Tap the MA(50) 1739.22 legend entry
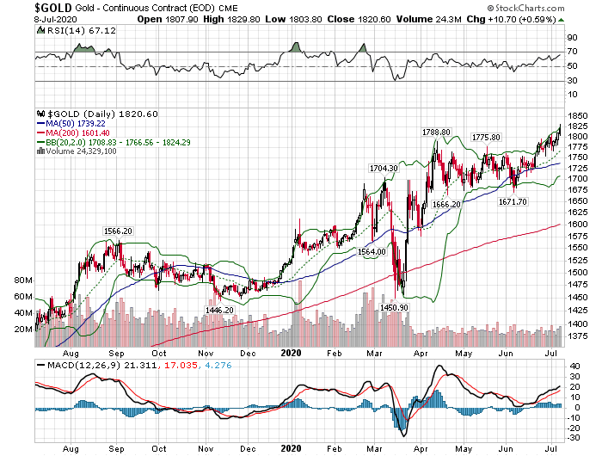[77, 123]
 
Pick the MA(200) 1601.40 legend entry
[79, 132]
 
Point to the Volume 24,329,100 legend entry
[81, 151]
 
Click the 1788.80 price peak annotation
[436, 132]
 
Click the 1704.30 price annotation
[383, 168]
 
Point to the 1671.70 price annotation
[514, 200]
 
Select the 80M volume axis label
[24, 281]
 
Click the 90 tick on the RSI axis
[571, 38]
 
